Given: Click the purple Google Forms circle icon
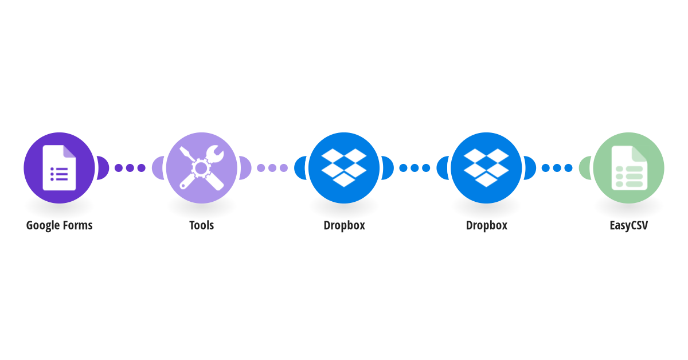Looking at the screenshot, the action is point(59,168).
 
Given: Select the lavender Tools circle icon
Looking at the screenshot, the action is point(201,168).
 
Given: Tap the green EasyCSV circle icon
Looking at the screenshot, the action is point(628,168).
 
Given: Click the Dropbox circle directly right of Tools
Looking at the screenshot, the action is point(344,168).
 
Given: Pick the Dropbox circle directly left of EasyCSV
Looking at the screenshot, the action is point(486,168).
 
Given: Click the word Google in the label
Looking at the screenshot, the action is point(43,226).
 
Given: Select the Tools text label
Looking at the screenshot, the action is point(201,225).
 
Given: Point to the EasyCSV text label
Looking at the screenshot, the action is point(629,225).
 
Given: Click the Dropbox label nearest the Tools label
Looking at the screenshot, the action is point(345,225).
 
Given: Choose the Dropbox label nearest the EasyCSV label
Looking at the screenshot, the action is point(487,225).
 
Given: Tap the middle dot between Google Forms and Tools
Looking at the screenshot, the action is point(130,168).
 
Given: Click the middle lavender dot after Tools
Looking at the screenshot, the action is point(272,168).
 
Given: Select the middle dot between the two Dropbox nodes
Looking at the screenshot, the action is point(415,168).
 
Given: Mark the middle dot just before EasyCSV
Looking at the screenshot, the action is point(557,168).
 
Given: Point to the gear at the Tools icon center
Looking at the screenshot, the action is point(201,168).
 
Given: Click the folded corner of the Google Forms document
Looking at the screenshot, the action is point(70,151).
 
